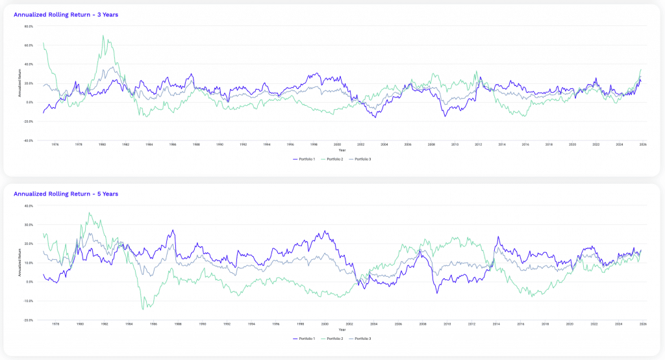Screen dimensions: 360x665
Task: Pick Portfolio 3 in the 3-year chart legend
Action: (x=361, y=159)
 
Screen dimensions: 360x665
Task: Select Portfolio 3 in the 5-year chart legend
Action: (x=361, y=339)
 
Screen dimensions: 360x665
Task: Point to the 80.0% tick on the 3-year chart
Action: (x=28, y=27)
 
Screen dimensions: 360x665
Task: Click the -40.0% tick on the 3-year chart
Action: (x=28, y=140)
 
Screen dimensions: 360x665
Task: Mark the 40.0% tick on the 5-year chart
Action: (x=28, y=206)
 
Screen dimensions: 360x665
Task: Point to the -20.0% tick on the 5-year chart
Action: (x=28, y=320)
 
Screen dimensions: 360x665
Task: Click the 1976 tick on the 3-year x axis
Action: (x=55, y=144)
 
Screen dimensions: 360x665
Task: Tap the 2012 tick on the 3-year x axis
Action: (x=478, y=144)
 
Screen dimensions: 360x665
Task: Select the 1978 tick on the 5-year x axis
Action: (x=55, y=324)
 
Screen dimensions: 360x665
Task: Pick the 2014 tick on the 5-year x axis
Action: (x=496, y=324)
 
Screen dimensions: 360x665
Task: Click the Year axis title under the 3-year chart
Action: (x=342, y=150)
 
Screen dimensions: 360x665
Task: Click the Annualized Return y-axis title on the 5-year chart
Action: (x=21, y=263)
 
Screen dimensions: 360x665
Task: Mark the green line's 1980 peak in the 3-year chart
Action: (x=103, y=36)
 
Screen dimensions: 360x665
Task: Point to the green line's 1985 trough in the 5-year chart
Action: (x=144, y=309)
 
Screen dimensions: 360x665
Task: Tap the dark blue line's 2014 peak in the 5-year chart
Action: (x=497, y=237)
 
